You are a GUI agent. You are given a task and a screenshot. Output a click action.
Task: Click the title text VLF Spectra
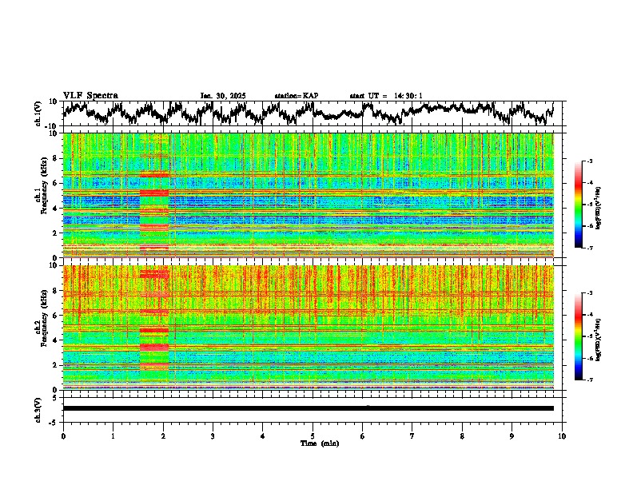pos(90,95)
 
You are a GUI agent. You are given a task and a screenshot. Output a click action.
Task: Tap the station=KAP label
pos(297,96)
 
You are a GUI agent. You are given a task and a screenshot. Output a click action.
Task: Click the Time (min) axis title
pos(313,443)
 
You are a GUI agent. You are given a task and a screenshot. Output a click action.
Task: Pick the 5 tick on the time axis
pos(313,435)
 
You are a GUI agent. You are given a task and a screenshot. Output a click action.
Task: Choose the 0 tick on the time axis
pos(63,435)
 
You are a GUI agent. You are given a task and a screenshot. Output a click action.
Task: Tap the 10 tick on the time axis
pos(562,435)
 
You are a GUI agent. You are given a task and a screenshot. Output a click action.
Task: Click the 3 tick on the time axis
pos(213,435)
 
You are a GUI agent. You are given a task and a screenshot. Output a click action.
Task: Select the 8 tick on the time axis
pos(462,435)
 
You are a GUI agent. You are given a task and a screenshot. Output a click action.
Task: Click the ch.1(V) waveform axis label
pos(38,113)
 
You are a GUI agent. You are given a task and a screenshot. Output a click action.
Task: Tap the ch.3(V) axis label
pos(38,408)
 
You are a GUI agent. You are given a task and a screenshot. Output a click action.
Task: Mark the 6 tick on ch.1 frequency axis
pos(56,183)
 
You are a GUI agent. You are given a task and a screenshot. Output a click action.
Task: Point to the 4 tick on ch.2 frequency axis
pos(56,340)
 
